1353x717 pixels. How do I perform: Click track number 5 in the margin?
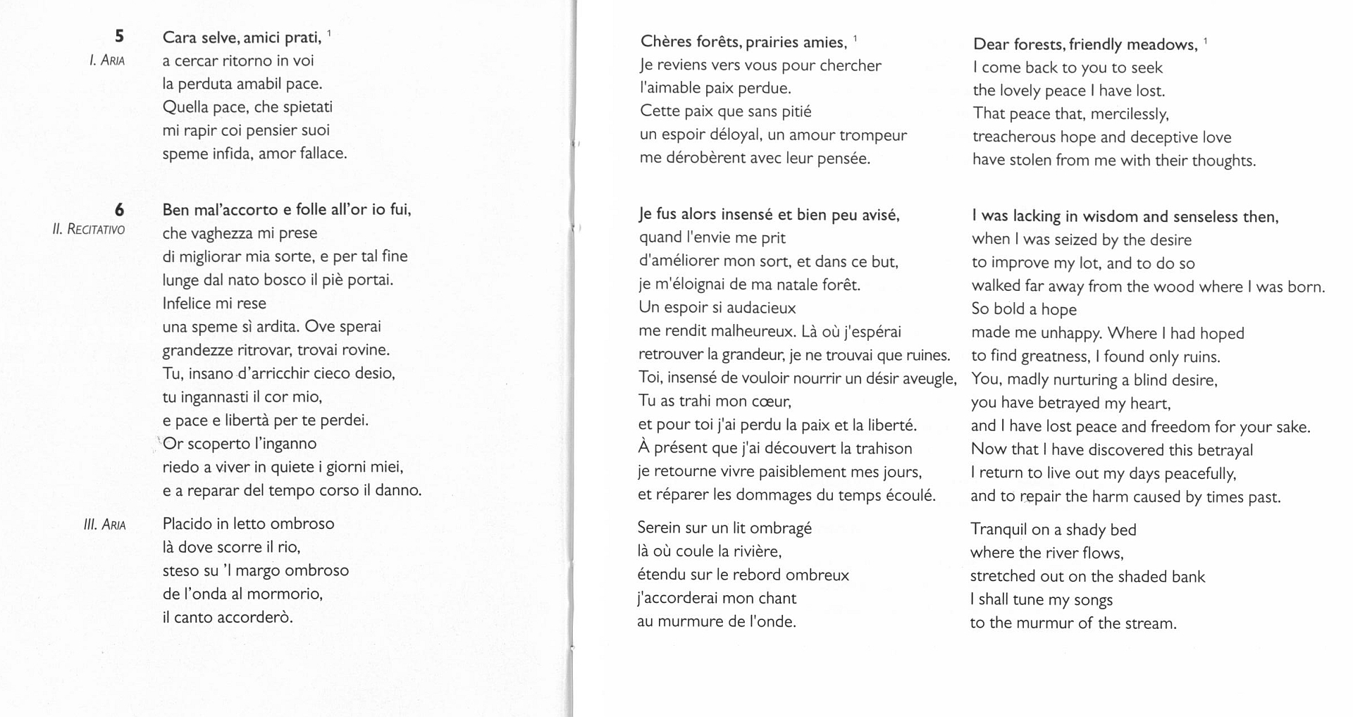119,36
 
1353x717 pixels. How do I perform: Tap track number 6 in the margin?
119,209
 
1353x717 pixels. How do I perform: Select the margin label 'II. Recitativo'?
88,229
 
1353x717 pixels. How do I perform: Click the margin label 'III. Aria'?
104,524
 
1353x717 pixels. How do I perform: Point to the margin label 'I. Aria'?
106,61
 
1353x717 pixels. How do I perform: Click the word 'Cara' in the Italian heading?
179,37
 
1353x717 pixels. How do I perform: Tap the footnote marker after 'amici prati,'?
329,32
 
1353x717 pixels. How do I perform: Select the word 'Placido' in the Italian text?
186,523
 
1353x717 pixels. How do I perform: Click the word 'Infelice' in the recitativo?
189,304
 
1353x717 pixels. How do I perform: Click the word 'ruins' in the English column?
1199,356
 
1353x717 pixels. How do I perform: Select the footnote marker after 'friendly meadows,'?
1206,40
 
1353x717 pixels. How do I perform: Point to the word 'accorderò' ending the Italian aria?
254,618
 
